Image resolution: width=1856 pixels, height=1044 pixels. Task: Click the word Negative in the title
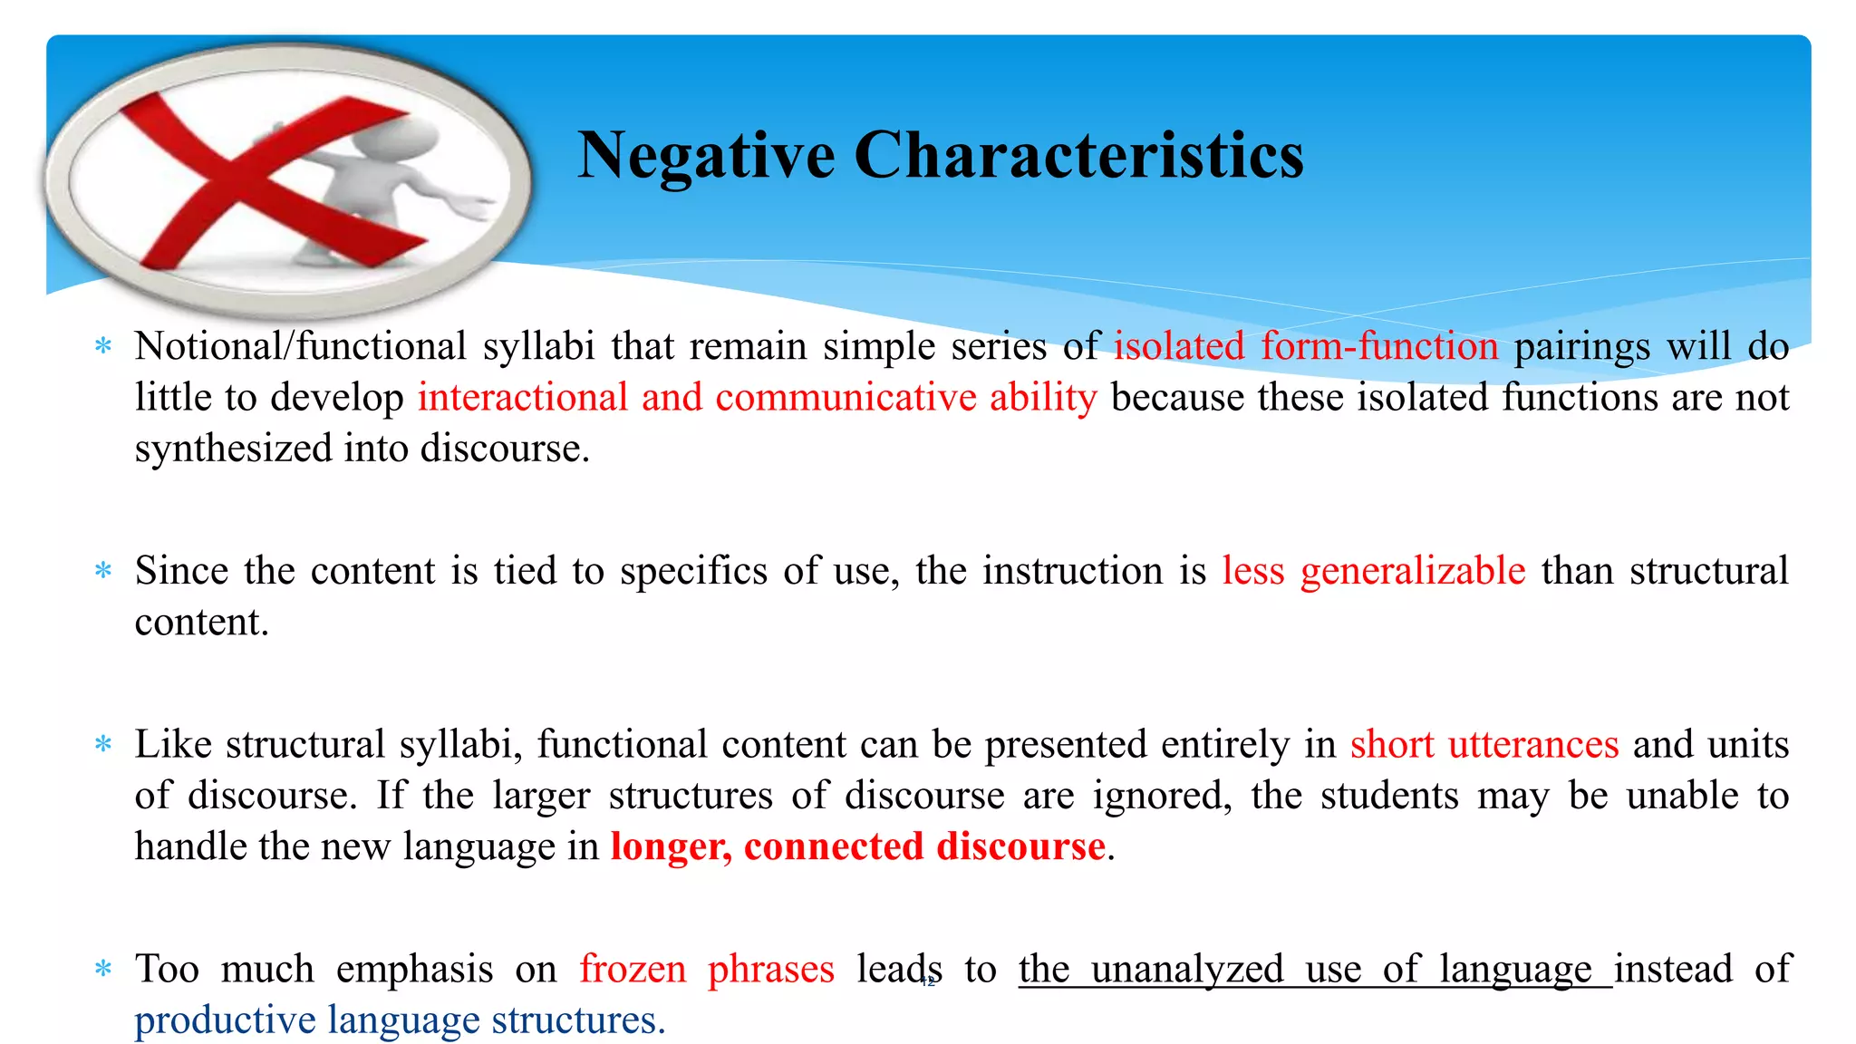705,156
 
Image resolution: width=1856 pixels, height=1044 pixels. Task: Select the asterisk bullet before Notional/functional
103,347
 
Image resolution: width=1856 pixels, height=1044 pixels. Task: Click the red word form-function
1379,347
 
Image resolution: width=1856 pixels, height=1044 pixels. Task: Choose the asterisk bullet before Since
103,572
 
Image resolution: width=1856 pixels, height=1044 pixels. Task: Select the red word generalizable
1412,572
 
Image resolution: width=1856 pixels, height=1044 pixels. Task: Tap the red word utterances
1533,745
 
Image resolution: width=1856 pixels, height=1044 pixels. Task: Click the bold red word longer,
671,847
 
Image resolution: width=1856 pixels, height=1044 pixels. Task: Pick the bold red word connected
833,847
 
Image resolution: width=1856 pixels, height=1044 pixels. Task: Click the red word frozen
633,970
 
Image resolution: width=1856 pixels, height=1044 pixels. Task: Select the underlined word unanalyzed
1187,970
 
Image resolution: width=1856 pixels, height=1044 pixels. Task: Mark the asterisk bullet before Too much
103,970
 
